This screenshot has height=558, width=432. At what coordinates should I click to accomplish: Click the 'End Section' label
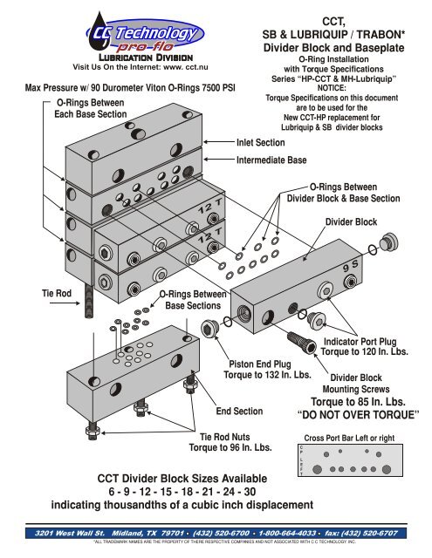[x=240, y=411]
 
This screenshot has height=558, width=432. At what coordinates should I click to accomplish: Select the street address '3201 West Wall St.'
[x=64, y=530]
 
